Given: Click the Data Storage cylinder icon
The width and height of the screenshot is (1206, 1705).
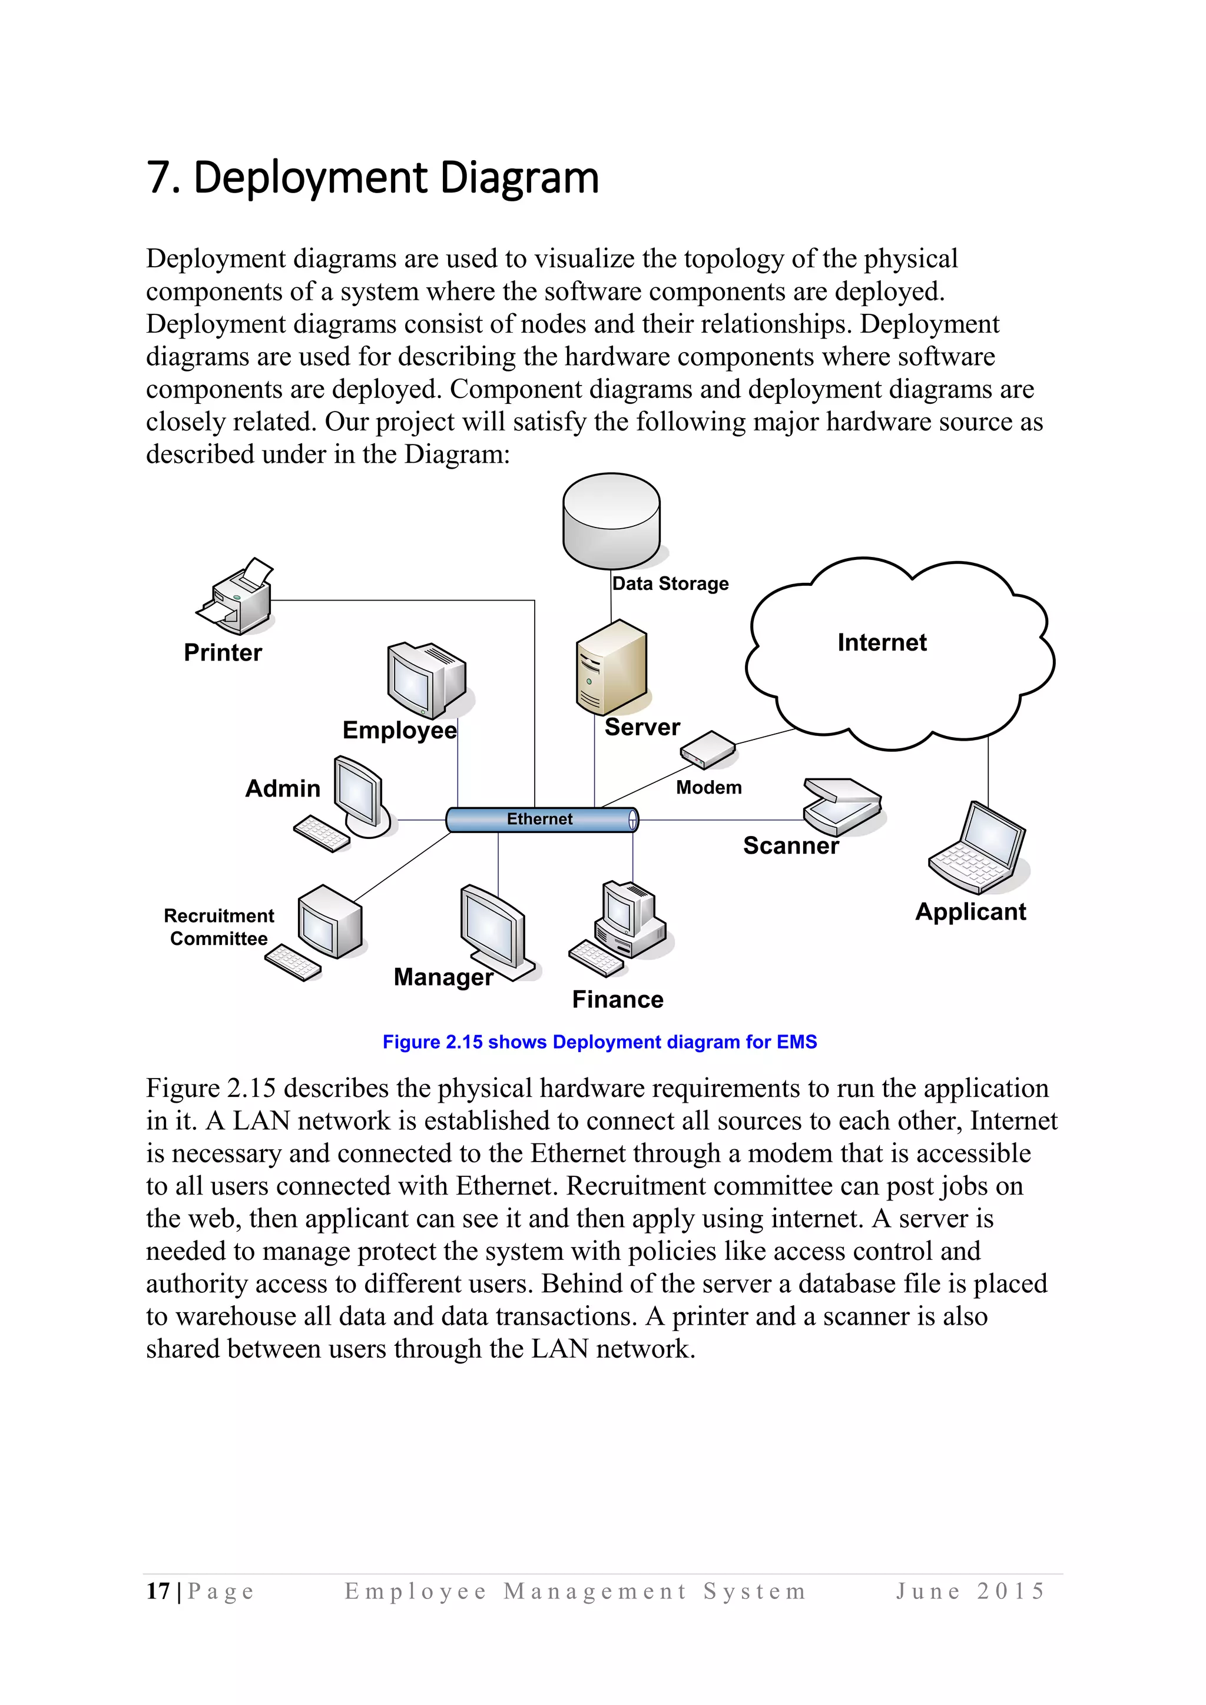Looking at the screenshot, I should tap(611, 520).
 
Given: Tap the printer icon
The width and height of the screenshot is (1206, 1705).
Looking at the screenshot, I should tap(236, 597).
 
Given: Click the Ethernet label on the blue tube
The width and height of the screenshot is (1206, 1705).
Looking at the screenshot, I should tap(539, 818).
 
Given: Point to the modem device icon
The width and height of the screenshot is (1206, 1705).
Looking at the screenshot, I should tap(707, 750).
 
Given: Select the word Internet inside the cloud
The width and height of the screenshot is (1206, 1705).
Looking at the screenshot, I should tap(882, 642).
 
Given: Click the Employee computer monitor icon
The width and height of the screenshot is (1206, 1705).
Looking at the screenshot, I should tap(426, 679).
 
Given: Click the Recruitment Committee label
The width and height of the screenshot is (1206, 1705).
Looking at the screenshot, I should tap(218, 927).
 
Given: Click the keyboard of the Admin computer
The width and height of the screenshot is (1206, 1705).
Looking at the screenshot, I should tap(322, 835).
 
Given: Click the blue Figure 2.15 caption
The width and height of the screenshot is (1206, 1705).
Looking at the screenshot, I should tap(599, 1042).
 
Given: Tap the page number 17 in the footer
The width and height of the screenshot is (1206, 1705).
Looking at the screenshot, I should tap(157, 1591).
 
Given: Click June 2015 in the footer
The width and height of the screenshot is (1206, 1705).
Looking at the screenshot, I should tap(970, 1591).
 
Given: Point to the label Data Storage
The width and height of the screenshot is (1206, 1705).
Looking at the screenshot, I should tap(670, 583).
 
